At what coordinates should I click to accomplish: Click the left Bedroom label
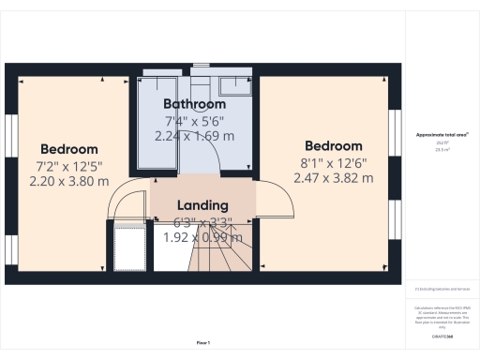69,149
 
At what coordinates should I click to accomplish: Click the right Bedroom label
333,146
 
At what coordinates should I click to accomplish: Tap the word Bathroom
195,103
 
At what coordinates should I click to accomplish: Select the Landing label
202,205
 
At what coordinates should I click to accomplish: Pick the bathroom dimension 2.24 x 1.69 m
195,135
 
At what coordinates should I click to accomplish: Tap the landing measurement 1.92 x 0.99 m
202,237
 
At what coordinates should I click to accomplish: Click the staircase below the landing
221,253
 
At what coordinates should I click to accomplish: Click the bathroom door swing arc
208,161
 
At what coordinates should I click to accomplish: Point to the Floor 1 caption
202,342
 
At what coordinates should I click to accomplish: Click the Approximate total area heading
442,135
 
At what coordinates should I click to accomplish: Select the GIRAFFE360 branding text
442,335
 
